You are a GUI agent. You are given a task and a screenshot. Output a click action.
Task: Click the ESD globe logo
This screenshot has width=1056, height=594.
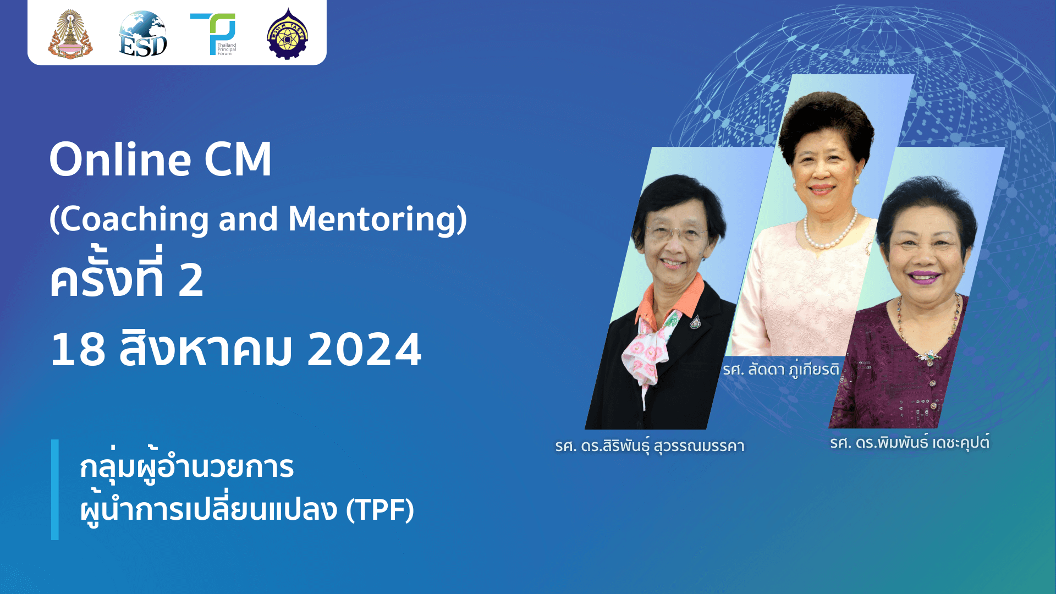[x=143, y=34]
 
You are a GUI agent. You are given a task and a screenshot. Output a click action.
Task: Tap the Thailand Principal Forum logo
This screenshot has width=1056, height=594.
[x=215, y=34]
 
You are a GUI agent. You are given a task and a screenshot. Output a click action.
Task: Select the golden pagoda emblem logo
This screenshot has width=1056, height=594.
[x=70, y=34]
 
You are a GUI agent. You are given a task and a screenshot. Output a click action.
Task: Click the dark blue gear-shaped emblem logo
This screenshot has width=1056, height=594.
[x=288, y=34]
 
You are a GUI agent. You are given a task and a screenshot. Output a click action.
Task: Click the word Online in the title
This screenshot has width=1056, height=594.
[x=120, y=159]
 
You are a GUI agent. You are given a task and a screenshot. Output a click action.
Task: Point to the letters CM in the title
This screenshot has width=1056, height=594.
[x=238, y=159]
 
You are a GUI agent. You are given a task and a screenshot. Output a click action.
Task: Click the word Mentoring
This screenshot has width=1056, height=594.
[x=373, y=219]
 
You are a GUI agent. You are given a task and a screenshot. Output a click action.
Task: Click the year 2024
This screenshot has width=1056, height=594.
[x=364, y=350]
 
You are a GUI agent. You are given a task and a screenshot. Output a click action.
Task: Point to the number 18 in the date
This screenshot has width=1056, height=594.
[x=78, y=350]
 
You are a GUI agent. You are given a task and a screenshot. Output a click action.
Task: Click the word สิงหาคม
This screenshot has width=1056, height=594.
[x=205, y=350]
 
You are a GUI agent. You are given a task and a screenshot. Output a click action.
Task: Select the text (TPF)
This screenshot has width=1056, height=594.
[x=380, y=509]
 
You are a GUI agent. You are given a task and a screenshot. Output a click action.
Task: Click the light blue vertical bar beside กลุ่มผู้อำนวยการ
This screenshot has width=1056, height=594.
[x=55, y=489]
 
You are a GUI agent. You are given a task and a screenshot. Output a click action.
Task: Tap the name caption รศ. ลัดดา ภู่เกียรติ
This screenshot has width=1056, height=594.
[x=781, y=369]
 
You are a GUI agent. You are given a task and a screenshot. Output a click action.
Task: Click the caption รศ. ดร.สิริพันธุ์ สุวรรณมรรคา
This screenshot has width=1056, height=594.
[x=650, y=446]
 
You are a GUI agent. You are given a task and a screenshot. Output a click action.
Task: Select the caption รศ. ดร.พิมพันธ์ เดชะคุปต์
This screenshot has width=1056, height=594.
[x=910, y=442]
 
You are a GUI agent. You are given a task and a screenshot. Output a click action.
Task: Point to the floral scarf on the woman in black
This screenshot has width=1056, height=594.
[x=649, y=346]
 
